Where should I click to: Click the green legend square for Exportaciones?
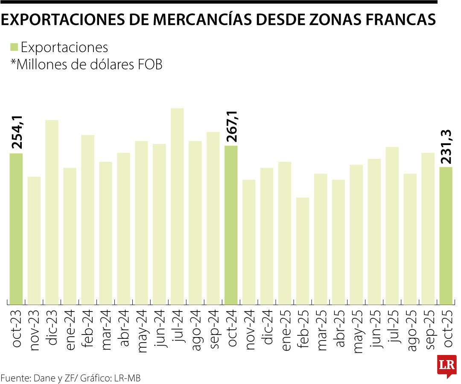(14, 47)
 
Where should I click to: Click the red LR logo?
(447, 366)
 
